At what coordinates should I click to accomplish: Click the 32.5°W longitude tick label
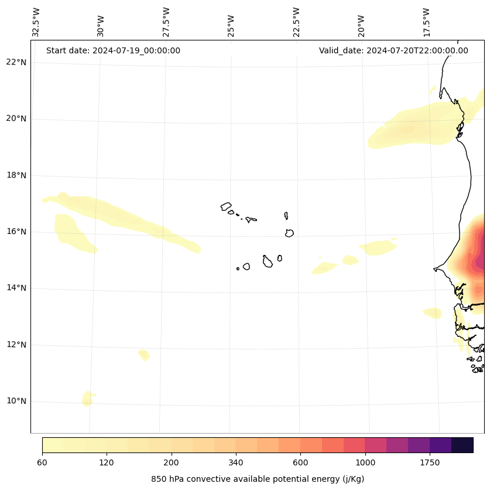coord(36,22)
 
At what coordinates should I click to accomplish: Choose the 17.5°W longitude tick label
coord(426,22)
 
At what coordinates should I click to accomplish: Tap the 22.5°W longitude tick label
coord(296,22)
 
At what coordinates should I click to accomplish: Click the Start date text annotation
coord(113,50)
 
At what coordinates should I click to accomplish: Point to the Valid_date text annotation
coord(393,50)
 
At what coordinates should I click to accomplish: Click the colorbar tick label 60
coord(42,463)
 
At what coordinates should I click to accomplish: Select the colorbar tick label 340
coord(236,463)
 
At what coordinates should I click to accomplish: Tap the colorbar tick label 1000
coord(365,463)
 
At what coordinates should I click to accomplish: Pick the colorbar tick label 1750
coord(430,463)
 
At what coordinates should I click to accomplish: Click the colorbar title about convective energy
coord(258,479)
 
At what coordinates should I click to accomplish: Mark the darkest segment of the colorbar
coord(462,445)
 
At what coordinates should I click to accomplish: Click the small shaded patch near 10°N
coord(88,399)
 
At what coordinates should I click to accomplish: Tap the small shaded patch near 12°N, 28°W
coord(144,355)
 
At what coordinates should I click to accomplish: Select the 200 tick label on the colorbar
coord(172,463)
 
